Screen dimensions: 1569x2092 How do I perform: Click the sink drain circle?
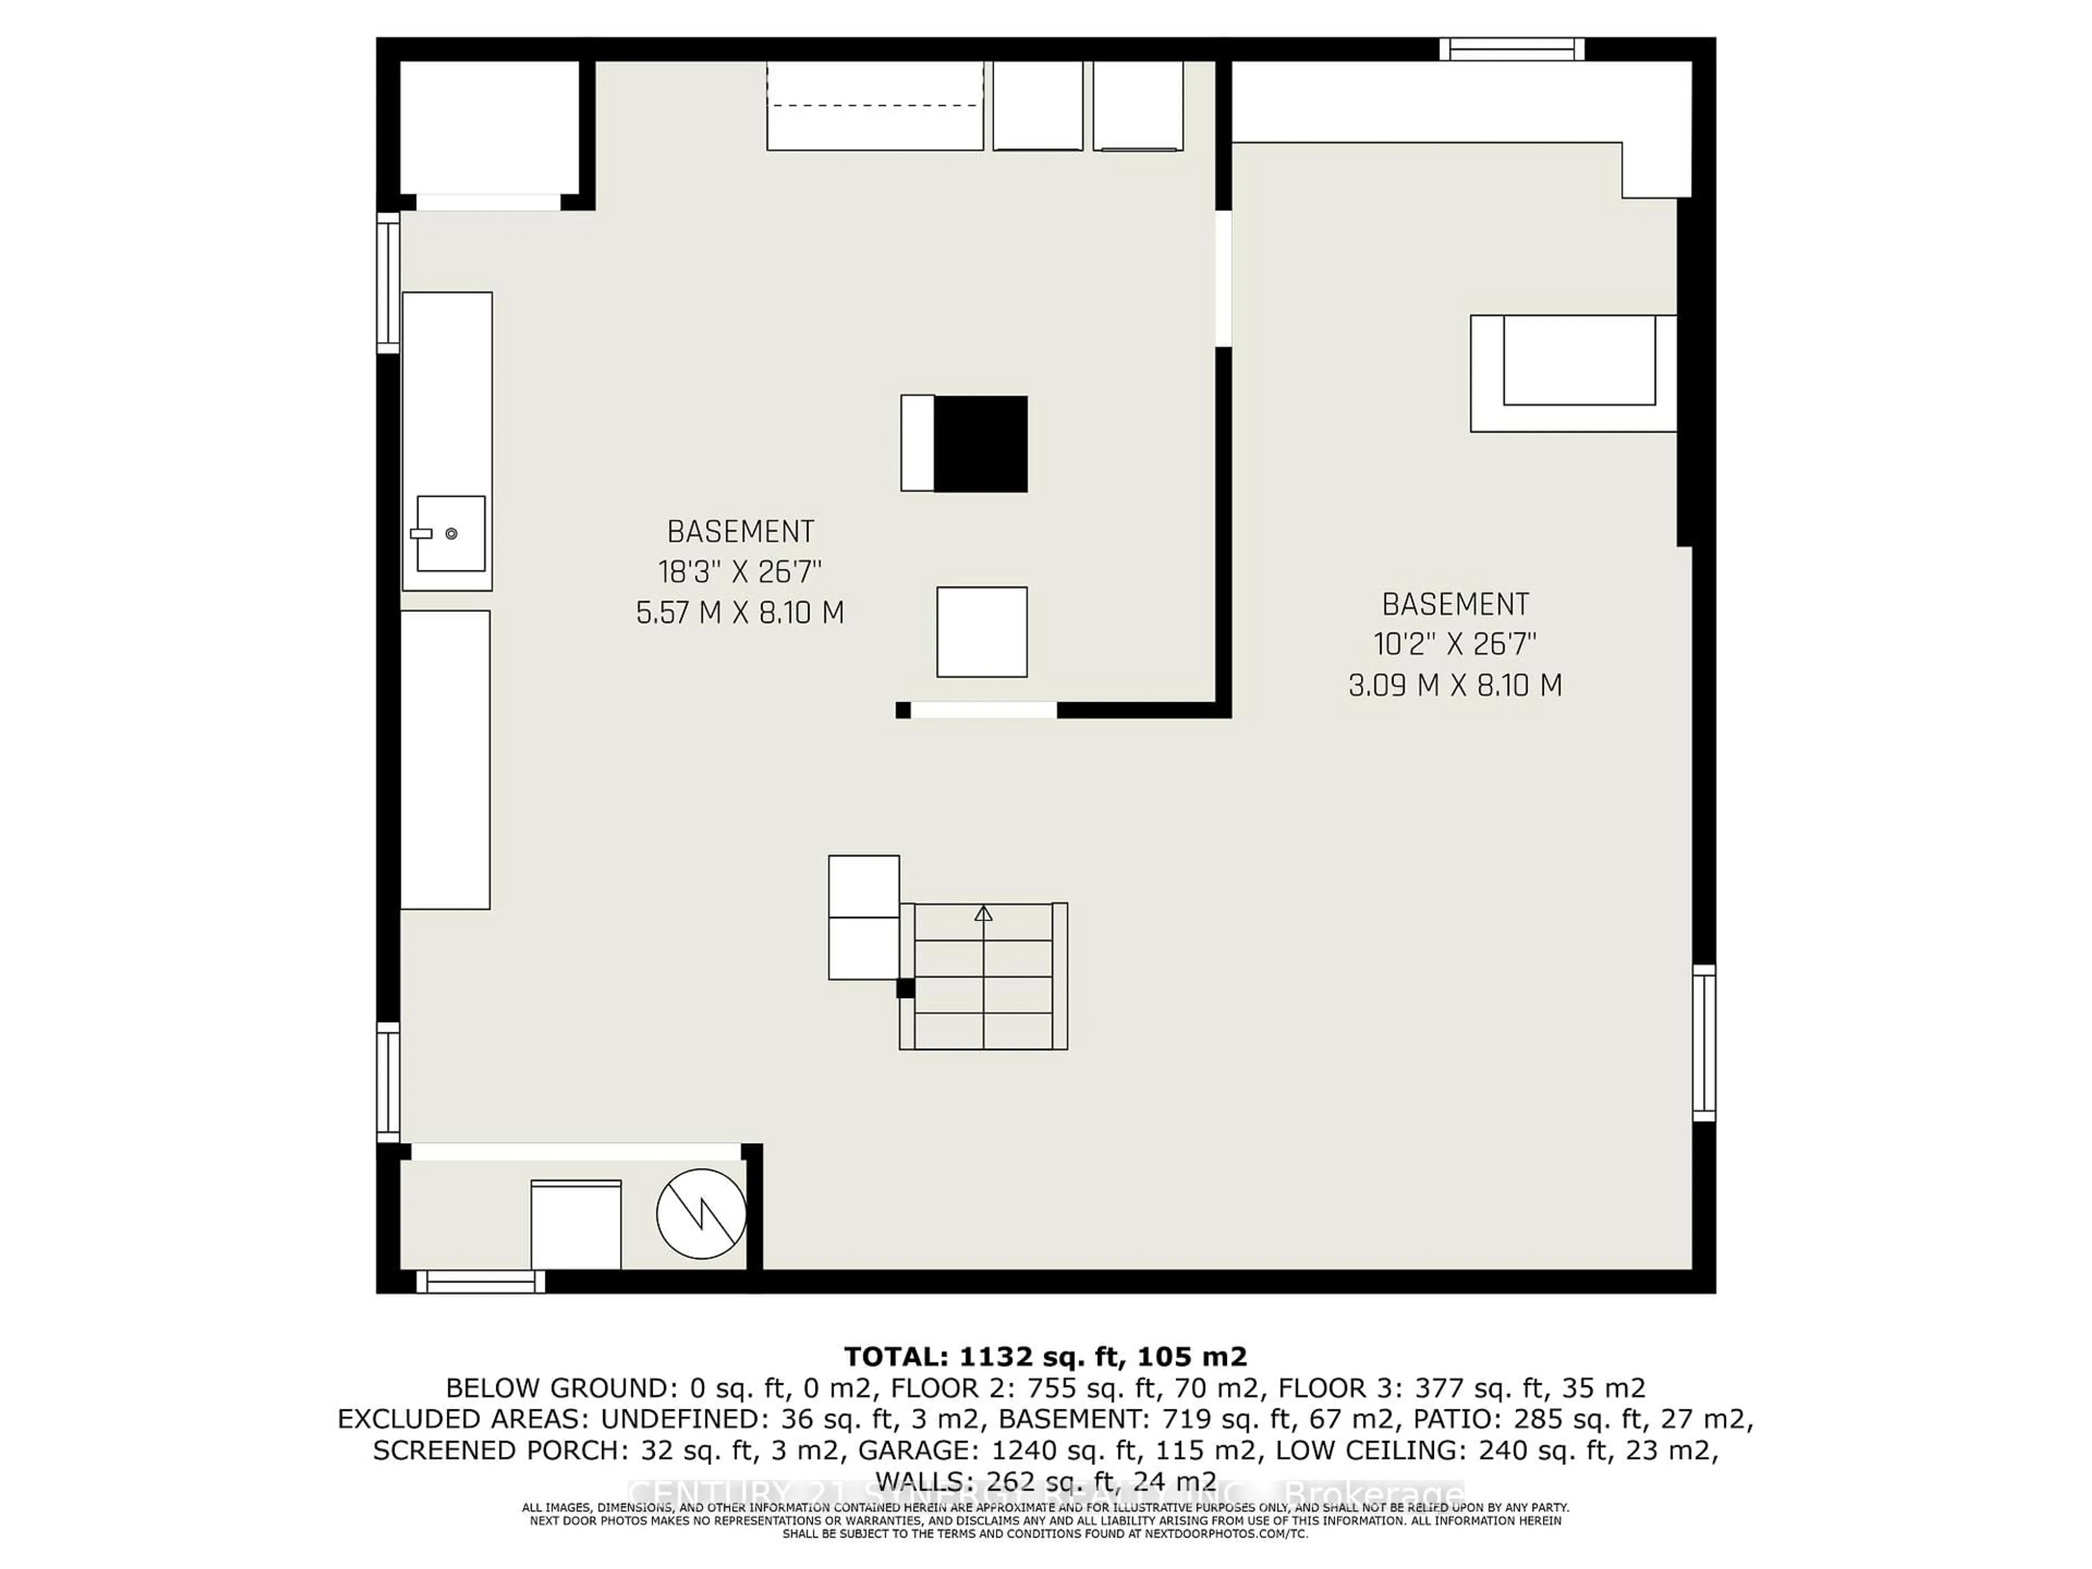(x=451, y=533)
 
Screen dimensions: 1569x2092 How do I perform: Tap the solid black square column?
(x=981, y=443)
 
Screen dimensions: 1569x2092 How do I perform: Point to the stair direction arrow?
(x=983, y=914)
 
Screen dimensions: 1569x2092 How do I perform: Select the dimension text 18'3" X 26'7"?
(x=740, y=572)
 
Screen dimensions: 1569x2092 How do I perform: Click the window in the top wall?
(x=1511, y=48)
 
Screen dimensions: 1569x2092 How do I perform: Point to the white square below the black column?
(x=982, y=632)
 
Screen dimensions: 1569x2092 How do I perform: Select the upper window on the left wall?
(x=388, y=283)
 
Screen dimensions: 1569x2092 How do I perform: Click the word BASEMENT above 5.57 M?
(x=740, y=532)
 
